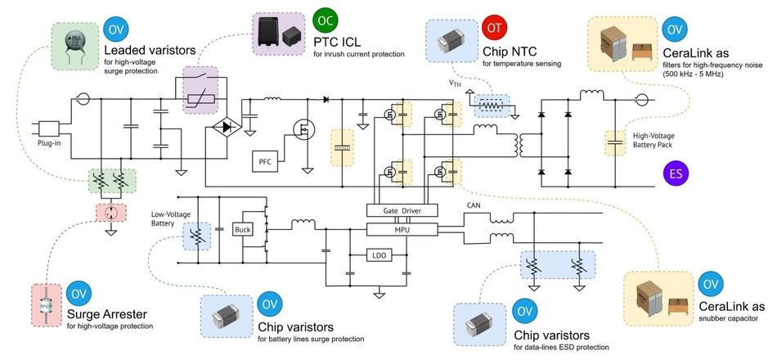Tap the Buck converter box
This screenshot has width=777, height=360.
[243, 230]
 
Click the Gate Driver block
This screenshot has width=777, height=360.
[402, 210]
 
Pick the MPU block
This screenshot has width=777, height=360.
[402, 228]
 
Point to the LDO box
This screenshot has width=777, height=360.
[380, 255]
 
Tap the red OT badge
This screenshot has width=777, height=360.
[494, 28]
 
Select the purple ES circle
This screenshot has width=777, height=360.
[676, 174]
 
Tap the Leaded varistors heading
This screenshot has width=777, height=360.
[150, 50]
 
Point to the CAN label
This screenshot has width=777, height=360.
[473, 205]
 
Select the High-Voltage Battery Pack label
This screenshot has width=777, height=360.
[655, 141]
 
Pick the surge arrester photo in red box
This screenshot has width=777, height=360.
[47, 305]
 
